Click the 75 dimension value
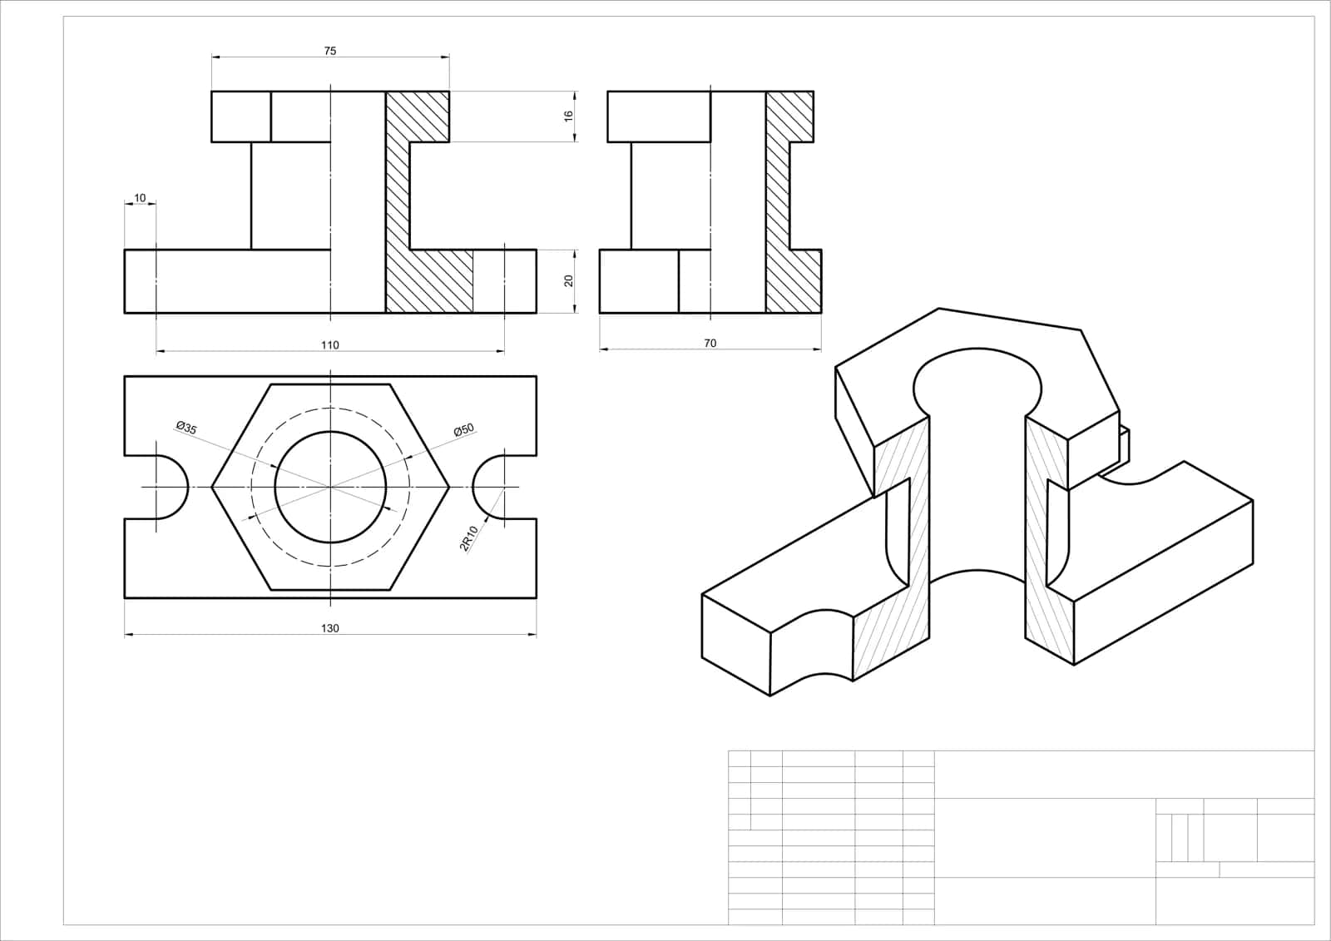[x=329, y=51]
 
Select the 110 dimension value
[x=329, y=344]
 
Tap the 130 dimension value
[x=329, y=628]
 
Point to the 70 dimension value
[x=710, y=343]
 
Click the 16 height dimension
[x=569, y=116]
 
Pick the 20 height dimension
[x=569, y=280]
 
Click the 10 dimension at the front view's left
[x=140, y=198]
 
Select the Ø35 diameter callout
[x=186, y=428]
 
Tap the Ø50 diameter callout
[x=464, y=429]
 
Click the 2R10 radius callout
[x=469, y=538]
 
